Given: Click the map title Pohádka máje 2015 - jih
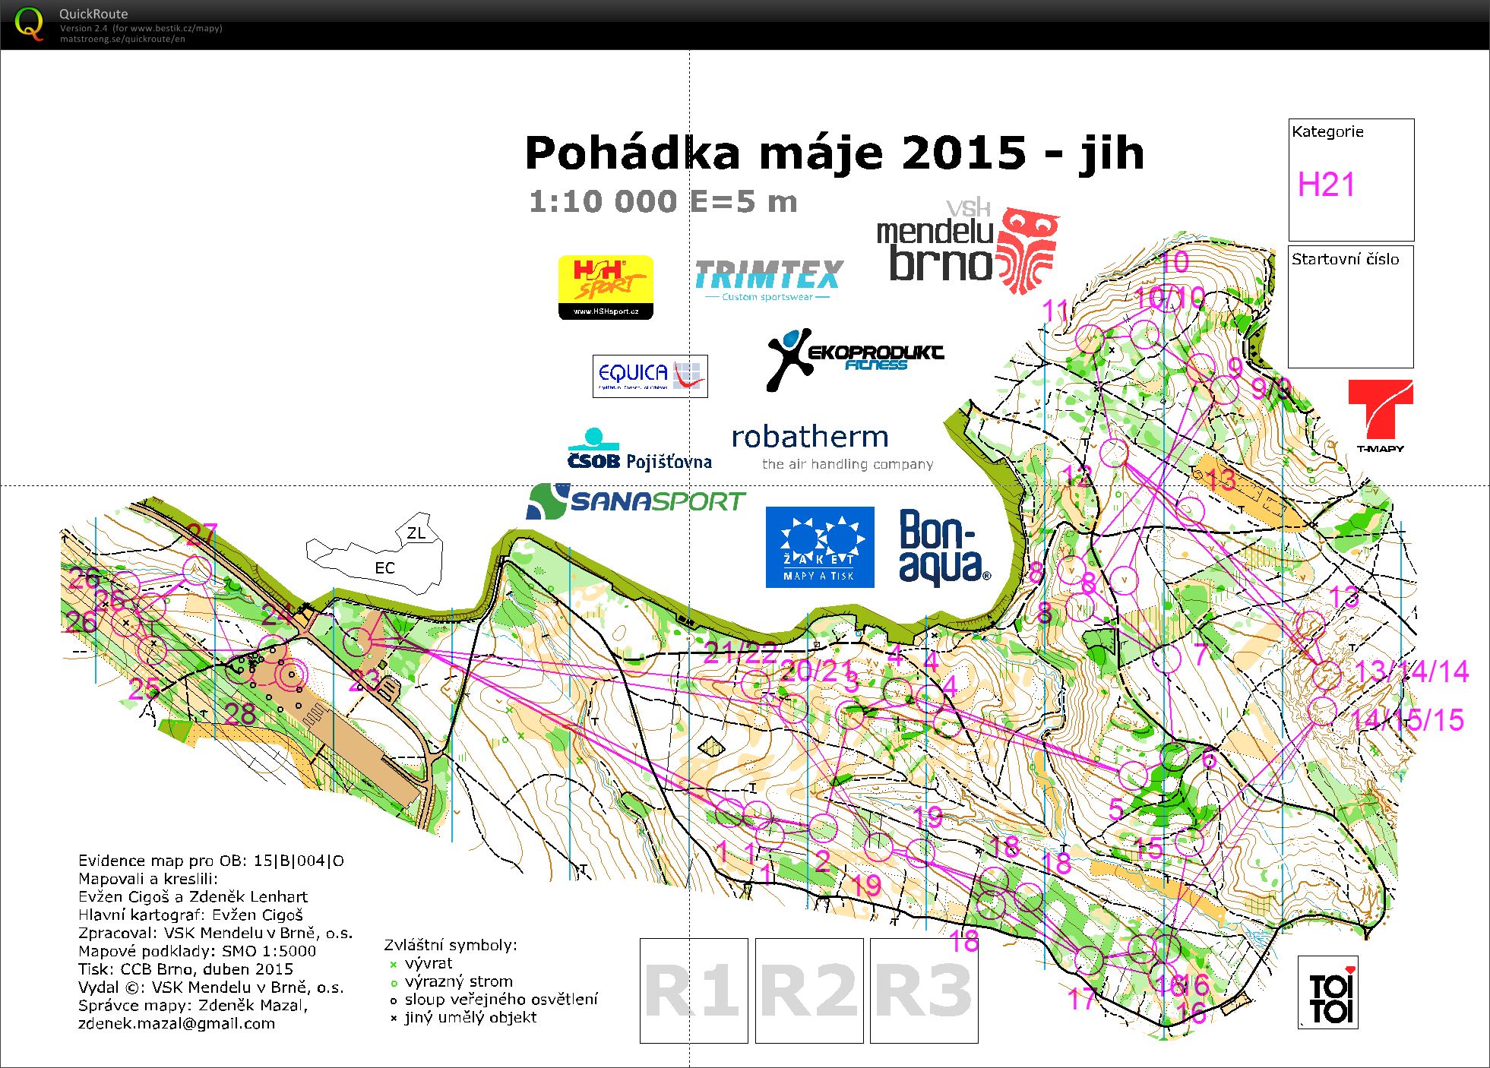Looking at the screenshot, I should (834, 153).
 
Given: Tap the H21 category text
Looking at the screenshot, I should (1326, 185).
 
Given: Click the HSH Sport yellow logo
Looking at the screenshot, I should (606, 286).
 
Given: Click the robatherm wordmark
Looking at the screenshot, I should (809, 438).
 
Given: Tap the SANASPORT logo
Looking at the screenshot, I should (636, 501).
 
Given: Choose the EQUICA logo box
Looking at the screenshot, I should (650, 375).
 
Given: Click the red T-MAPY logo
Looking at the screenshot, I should (1380, 415).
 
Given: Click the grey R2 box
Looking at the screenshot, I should (809, 991).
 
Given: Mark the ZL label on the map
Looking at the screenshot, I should (416, 533).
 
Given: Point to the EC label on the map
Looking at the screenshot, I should (384, 568).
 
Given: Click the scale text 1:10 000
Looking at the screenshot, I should (603, 202).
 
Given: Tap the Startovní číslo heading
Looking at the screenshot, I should (1345, 259).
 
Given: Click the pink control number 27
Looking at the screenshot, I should (202, 534).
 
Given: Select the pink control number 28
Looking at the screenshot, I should (239, 713).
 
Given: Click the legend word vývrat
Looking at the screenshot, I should (429, 963).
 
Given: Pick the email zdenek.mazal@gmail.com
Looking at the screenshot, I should (176, 1023).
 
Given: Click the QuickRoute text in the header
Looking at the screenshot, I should (93, 14).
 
